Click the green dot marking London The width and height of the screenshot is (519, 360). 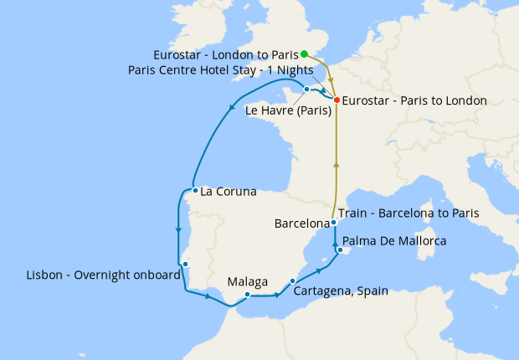click(305, 54)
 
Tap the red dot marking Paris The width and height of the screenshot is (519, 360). click(337, 100)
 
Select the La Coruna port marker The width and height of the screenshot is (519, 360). click(194, 190)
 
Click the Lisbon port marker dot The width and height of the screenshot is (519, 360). click(186, 265)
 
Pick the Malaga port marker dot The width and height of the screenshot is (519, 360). click(248, 295)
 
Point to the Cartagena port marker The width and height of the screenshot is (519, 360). click(292, 281)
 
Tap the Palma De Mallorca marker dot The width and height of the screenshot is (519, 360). click(340, 250)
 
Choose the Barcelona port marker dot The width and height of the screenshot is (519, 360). click(333, 223)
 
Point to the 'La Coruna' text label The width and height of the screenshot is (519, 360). click(229, 191)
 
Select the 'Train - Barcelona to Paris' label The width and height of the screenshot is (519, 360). click(409, 213)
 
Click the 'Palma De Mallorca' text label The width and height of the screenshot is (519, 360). click(394, 240)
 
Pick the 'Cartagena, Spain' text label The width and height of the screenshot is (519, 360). click(341, 291)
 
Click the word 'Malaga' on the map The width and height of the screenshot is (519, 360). click(248, 281)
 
